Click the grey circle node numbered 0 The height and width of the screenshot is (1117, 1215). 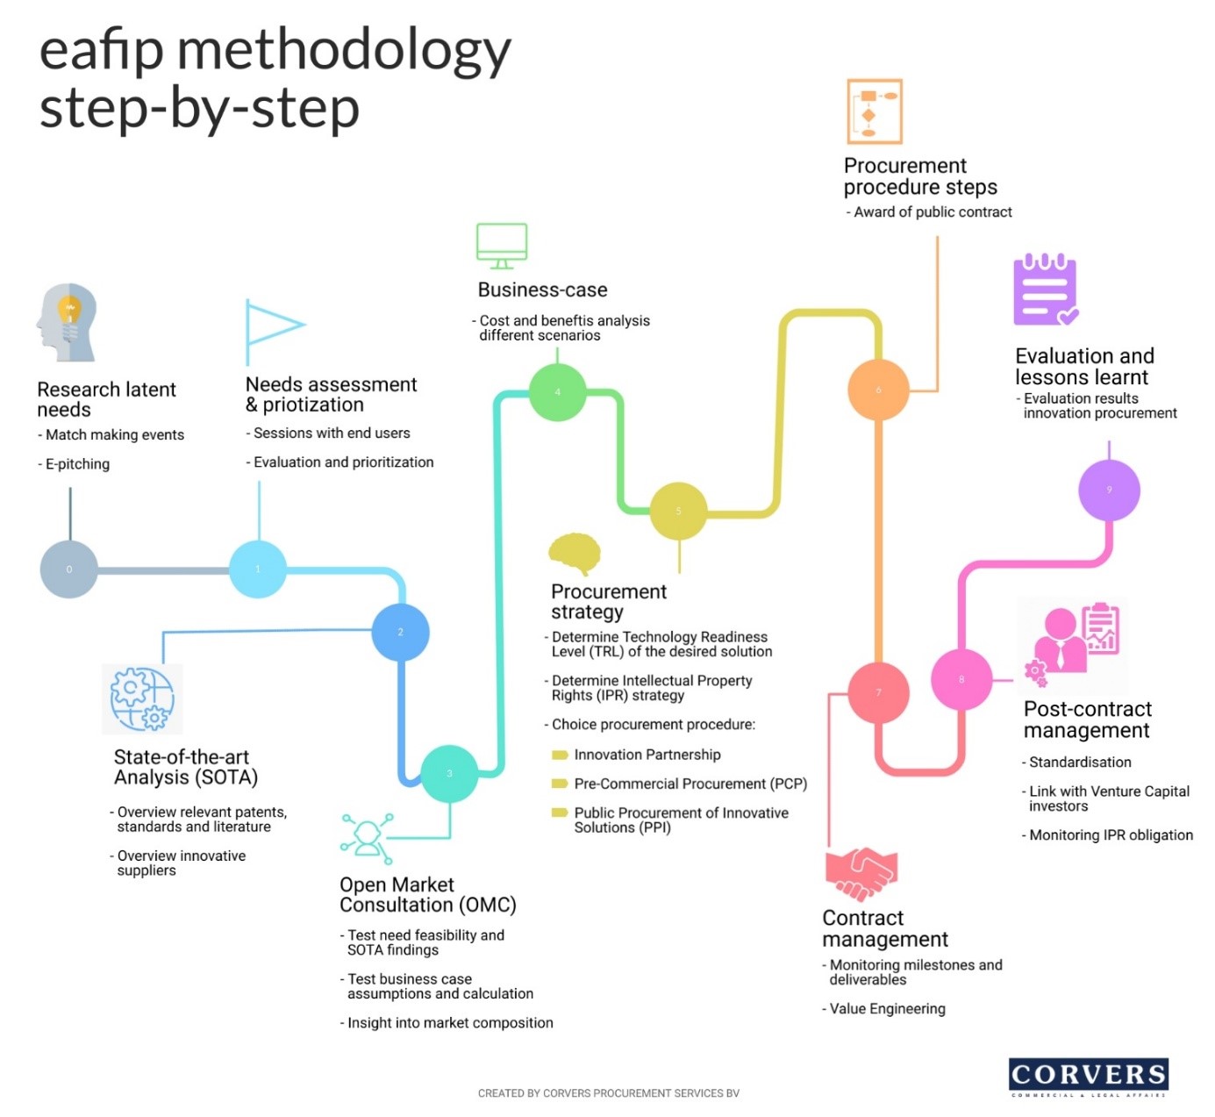tap(69, 569)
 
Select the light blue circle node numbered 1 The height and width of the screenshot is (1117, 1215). tap(258, 569)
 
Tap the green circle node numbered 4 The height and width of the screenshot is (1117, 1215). tap(558, 392)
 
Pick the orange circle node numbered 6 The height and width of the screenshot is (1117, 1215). tap(878, 390)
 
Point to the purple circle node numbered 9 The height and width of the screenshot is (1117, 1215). tap(1109, 490)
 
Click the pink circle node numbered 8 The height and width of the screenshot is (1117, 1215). tap(961, 680)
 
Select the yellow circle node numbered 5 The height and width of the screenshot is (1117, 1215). tap(678, 512)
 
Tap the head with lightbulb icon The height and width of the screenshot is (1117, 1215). tap(67, 322)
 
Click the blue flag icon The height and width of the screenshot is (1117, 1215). tap(273, 330)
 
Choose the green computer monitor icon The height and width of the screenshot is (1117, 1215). tap(502, 246)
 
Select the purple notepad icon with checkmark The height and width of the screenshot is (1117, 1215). tap(1045, 290)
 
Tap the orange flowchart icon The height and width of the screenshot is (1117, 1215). tap(874, 111)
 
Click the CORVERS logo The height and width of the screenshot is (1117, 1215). tap(1088, 1077)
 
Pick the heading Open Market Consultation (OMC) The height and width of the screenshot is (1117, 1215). tap(427, 895)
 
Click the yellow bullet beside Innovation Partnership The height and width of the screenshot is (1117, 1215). tap(559, 755)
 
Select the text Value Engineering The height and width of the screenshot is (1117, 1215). tap(887, 1009)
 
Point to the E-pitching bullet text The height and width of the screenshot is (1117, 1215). tap(77, 464)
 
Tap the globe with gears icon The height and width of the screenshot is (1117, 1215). tap(142, 698)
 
